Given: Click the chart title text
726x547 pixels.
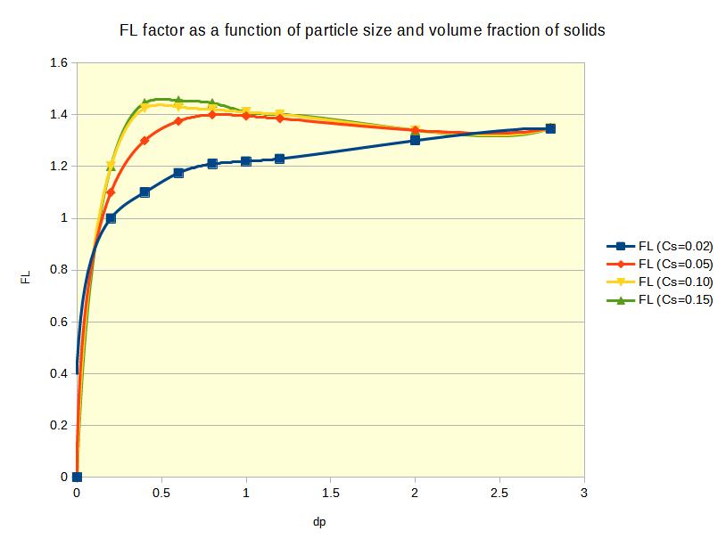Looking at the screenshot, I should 362,30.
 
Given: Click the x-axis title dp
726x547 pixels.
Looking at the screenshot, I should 331,521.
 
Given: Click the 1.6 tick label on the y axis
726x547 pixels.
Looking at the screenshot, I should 59,63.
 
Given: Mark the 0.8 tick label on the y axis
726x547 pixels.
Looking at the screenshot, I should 59,270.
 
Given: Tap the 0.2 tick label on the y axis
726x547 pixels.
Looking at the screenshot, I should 59,425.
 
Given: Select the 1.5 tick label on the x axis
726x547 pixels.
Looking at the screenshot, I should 331,493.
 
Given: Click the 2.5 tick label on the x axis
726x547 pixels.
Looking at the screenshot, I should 499,493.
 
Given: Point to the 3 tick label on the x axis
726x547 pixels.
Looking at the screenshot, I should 584,493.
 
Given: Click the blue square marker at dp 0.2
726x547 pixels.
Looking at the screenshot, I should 111,218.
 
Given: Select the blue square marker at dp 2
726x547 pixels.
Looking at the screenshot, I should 416,140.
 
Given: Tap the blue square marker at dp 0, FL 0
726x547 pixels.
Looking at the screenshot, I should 77,477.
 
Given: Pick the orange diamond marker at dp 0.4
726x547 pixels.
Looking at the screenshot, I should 144,140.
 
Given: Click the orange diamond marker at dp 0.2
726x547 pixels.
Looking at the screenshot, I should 111,192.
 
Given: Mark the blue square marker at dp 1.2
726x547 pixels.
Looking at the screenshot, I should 280,159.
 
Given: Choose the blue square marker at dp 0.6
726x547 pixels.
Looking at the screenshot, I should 178,173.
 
